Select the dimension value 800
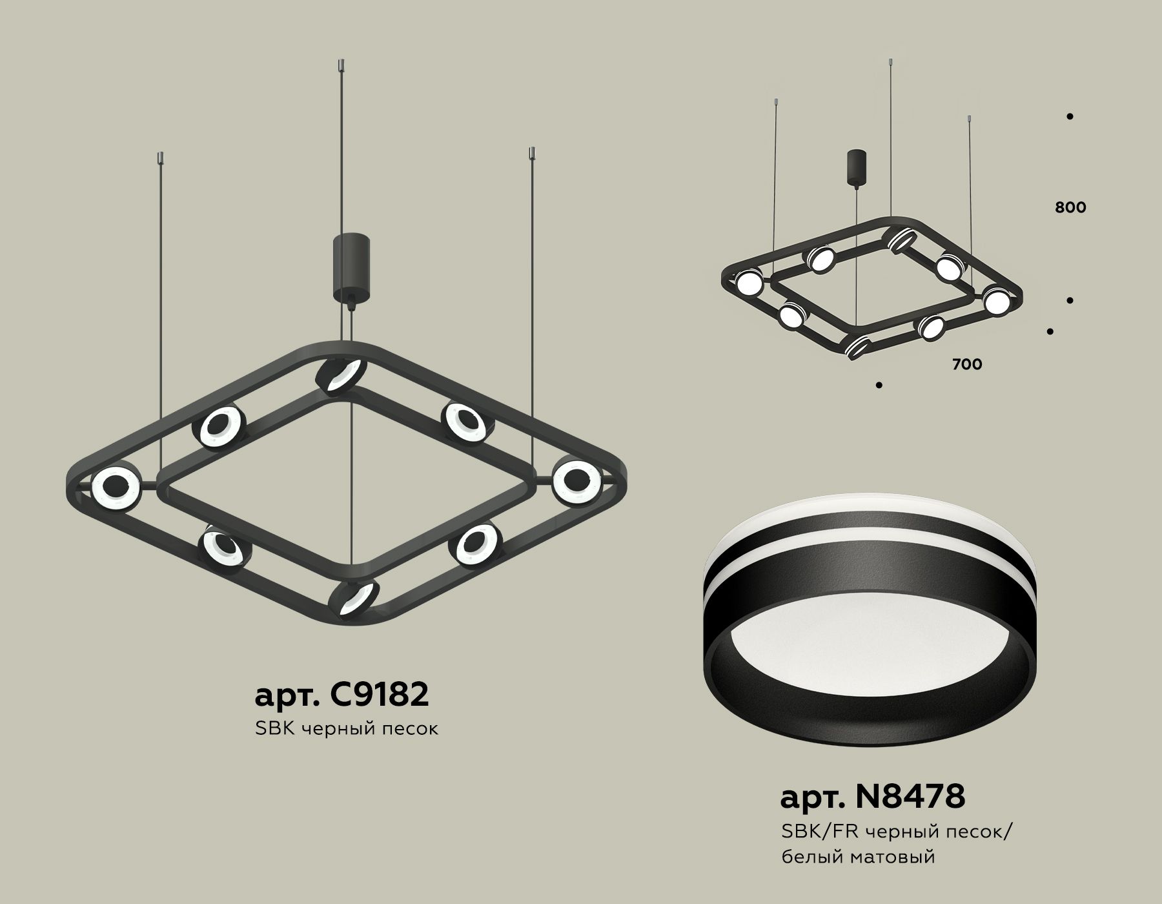coord(1070,208)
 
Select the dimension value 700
coord(967,365)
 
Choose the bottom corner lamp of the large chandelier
coord(353,598)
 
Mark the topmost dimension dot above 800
coord(1070,117)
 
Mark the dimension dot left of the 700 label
coord(879,385)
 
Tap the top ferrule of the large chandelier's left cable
coord(161,158)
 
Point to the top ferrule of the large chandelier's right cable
coord(533,154)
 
